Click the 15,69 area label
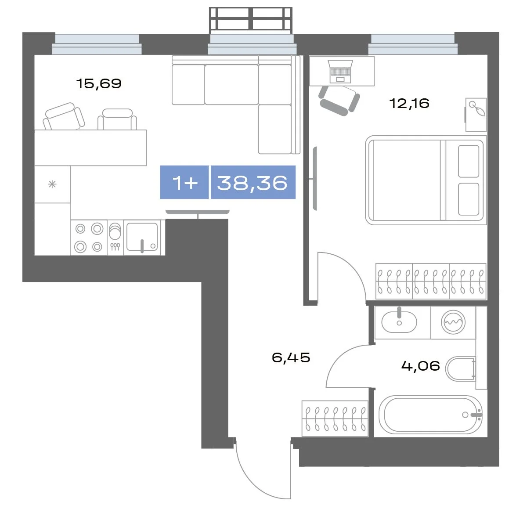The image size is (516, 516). point(99,83)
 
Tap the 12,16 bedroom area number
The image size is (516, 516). point(409,103)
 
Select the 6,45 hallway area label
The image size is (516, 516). point(291,357)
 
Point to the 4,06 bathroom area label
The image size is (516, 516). point(421,366)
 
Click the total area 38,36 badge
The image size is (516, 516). point(253,182)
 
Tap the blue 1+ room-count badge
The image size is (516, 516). point(184,182)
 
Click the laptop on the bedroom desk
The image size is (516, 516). point(341,71)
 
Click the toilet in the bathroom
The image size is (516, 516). point(461,368)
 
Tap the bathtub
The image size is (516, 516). point(430,415)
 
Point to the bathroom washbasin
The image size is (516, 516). point(399,321)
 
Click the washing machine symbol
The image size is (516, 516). point(453,322)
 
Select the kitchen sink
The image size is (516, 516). point(142,237)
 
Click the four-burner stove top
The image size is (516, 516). point(89,237)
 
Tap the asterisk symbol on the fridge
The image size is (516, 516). point(52,184)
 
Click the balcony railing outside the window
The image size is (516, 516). point(251,20)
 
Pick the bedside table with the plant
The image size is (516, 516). point(476,115)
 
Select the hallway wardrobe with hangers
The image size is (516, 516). point(335,419)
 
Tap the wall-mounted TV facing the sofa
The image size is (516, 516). point(198,212)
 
